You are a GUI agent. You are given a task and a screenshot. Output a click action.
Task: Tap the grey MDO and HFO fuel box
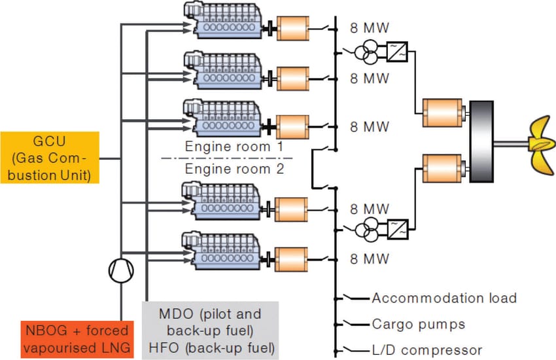pyautogui.click(x=210, y=329)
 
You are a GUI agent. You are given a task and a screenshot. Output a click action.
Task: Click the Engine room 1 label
pyautogui.click(x=234, y=147)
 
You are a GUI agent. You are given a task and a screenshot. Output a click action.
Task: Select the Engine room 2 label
pyautogui.click(x=234, y=169)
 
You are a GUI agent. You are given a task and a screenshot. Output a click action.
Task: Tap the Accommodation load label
pyautogui.click(x=444, y=298)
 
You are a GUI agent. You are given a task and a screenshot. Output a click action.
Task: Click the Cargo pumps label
pyautogui.click(x=419, y=324)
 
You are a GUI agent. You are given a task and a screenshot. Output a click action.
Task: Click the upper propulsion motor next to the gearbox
pyautogui.click(x=442, y=113)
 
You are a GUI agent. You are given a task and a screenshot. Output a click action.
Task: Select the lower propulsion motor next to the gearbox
pyautogui.click(x=442, y=169)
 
